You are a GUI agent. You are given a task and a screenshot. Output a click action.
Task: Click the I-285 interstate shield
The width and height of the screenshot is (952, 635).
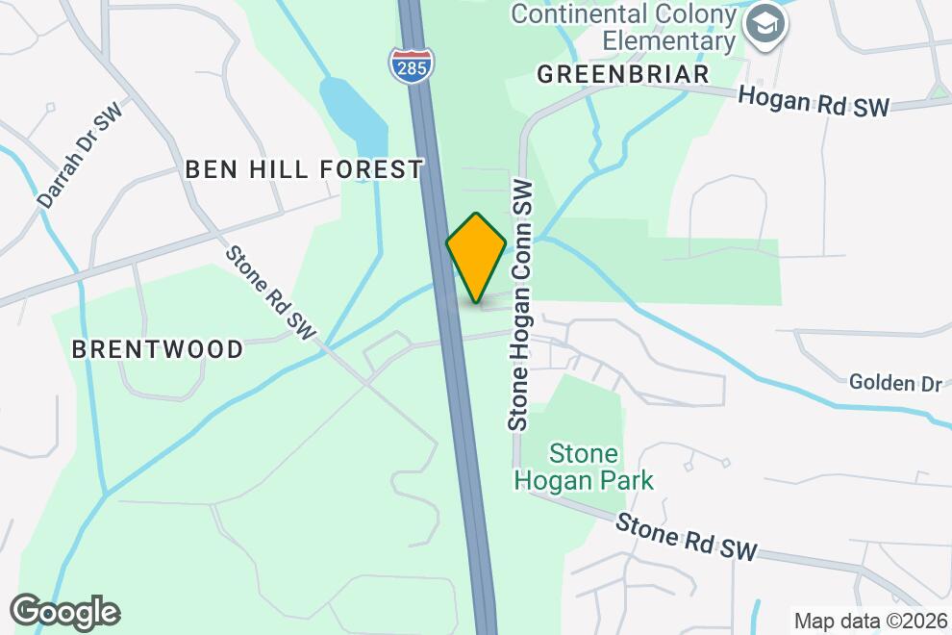pyautogui.click(x=413, y=63)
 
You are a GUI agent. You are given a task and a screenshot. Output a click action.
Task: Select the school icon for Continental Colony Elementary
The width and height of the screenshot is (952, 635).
pyautogui.click(x=767, y=24)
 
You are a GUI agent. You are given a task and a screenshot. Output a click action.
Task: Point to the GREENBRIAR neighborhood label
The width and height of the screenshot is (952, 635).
pyautogui.click(x=622, y=74)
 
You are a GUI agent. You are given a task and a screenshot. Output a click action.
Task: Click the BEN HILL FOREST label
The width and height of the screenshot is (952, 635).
pyautogui.click(x=303, y=169)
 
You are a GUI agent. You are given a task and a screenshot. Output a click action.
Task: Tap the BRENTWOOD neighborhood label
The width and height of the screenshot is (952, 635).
pyautogui.click(x=158, y=349)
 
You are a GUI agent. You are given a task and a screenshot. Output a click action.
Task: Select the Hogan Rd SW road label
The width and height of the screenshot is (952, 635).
pyautogui.click(x=814, y=102)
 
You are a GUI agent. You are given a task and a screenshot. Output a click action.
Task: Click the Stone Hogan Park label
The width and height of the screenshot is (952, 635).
pyautogui.click(x=584, y=467)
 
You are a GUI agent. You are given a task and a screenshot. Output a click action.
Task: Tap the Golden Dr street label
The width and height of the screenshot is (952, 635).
pyautogui.click(x=894, y=383)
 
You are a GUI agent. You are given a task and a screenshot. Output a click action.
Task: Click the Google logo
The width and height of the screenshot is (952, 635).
pyautogui.click(x=65, y=612)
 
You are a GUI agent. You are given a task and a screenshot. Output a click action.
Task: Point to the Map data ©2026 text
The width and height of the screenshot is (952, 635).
pyautogui.click(x=870, y=621)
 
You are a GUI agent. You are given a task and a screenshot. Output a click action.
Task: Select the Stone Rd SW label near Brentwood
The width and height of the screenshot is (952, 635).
pyautogui.click(x=270, y=292)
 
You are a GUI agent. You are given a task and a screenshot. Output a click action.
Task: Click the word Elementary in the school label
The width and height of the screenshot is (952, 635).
pyautogui.click(x=668, y=40)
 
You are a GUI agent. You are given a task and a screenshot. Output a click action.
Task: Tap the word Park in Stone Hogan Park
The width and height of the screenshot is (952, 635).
pyautogui.click(x=625, y=479)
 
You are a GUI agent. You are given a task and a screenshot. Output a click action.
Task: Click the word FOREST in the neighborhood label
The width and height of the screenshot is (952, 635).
pyautogui.click(x=369, y=169)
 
